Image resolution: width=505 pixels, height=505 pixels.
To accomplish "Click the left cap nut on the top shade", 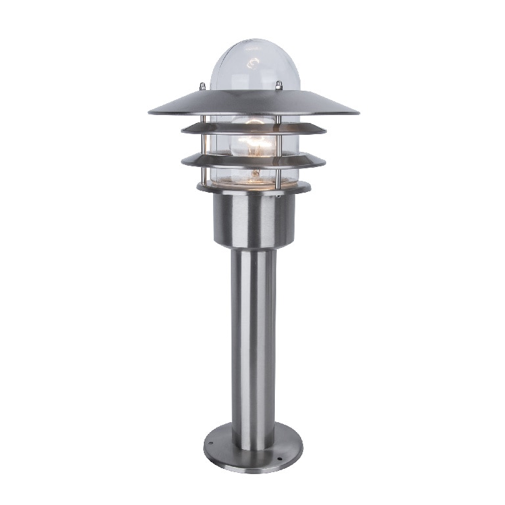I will (x=203, y=85).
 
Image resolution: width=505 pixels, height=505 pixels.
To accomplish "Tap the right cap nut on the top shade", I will (x=279, y=85).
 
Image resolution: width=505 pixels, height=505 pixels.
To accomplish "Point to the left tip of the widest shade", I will (x=151, y=112).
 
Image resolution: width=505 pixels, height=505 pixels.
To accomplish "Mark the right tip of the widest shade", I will (x=357, y=112).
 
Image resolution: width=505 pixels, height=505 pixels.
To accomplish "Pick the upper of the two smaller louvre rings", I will (x=253, y=128).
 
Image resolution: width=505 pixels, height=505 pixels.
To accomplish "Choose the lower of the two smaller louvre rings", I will (x=253, y=160).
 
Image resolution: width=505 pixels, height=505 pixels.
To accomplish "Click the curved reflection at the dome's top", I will (x=252, y=64).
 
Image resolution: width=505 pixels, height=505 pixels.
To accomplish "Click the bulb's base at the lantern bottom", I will (x=255, y=176).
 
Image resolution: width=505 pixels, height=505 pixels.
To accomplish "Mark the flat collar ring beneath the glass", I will (x=253, y=188).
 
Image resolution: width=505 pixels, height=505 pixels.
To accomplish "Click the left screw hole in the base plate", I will (x=211, y=443).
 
